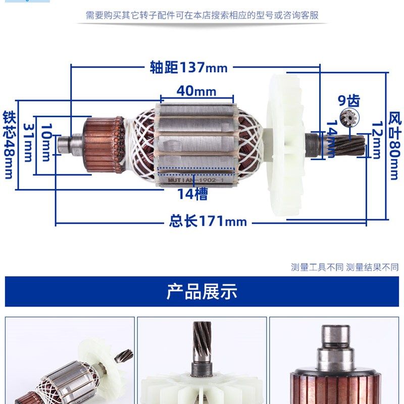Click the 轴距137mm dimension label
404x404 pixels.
point(188,67)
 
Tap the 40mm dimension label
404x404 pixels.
point(196,91)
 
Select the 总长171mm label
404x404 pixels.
point(208,221)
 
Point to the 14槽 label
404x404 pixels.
point(192,194)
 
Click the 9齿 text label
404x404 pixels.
point(349,100)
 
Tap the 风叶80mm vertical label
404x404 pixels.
point(394,146)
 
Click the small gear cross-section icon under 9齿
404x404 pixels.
point(349,117)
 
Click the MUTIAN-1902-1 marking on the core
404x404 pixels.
point(197,178)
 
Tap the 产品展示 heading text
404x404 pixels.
point(202,291)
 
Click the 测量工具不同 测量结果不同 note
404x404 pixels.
point(344,267)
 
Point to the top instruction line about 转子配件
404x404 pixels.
point(202,15)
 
